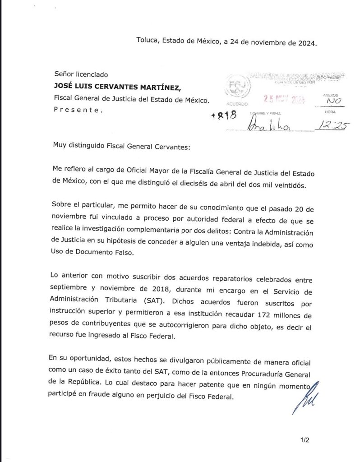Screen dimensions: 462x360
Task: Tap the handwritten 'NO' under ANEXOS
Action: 333,102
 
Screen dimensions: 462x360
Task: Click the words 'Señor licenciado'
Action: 81,74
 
